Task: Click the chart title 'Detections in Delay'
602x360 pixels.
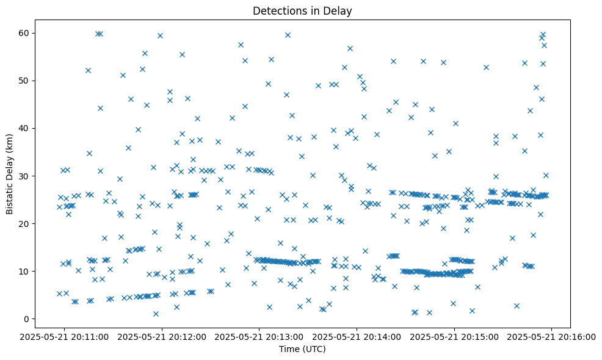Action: click(302, 11)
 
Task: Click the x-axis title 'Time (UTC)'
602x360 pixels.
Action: click(302, 349)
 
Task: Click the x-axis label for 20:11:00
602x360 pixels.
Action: click(65, 336)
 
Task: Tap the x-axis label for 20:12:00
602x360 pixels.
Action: click(162, 336)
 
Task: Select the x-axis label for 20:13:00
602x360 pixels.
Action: click(259, 336)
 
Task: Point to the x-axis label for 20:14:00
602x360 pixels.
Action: click(357, 336)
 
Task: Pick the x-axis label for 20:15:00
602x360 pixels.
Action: click(454, 336)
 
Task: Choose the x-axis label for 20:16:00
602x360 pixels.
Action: click(552, 336)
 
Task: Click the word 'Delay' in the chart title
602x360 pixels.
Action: click(339, 11)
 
